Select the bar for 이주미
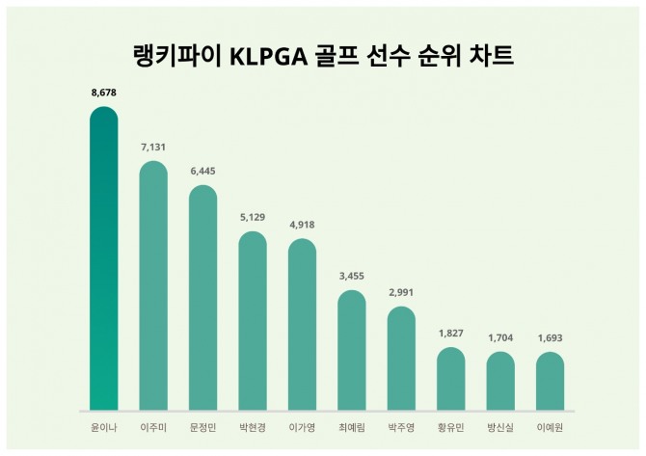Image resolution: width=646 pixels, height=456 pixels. (153, 285)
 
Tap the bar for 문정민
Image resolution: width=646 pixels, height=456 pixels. (202, 298)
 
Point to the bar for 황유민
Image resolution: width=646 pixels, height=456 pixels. (451, 379)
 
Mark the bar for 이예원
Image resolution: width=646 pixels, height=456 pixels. (550, 381)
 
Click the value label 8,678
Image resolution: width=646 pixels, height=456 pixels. (103, 94)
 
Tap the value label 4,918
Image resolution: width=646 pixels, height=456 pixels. (302, 225)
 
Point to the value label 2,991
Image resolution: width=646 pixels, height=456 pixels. (401, 293)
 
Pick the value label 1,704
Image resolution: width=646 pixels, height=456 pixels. (500, 338)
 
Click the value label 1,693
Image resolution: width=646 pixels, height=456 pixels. (550, 338)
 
